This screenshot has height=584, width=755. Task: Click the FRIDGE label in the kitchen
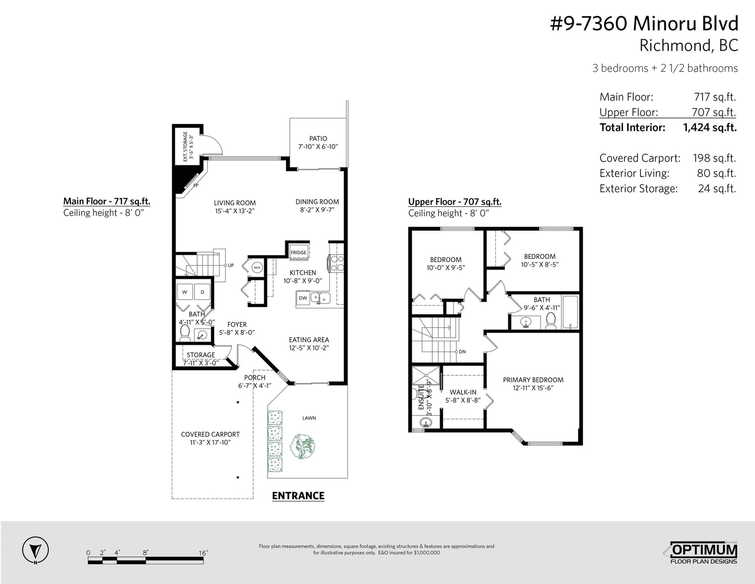pyautogui.click(x=298, y=253)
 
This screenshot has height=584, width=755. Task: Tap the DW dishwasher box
pyautogui.click(x=303, y=298)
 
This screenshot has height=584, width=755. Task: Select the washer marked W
pyautogui.click(x=185, y=292)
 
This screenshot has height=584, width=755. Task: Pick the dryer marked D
pyautogui.click(x=202, y=292)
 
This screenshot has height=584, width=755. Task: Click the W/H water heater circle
pyautogui.click(x=257, y=268)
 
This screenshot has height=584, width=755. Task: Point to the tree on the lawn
pyautogui.click(x=302, y=446)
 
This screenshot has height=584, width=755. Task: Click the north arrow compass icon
pyautogui.click(x=35, y=550)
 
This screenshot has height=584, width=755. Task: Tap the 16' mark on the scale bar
pyautogui.click(x=203, y=553)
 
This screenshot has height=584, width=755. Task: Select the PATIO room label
pyautogui.click(x=318, y=138)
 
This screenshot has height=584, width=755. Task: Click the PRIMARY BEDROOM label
pyautogui.click(x=533, y=380)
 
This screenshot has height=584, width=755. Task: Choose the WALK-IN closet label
pyautogui.click(x=463, y=392)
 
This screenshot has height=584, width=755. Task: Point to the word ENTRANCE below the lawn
pyautogui.click(x=298, y=496)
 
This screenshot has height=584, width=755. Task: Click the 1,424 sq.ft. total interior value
pyautogui.click(x=710, y=127)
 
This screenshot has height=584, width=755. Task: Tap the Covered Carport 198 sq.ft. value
pyautogui.click(x=714, y=158)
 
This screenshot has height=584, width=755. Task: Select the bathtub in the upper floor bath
pyautogui.click(x=570, y=312)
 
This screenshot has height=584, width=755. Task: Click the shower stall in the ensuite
pyautogui.click(x=426, y=375)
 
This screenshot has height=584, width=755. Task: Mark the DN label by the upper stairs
pyautogui.click(x=462, y=352)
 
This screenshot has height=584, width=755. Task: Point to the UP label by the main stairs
pyautogui.click(x=231, y=265)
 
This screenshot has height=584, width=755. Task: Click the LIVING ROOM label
pyautogui.click(x=235, y=203)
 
